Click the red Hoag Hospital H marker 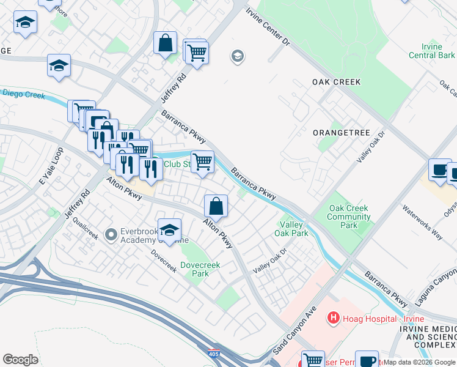tap(334, 317)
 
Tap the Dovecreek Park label tap(199, 269)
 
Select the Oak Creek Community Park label tap(349, 217)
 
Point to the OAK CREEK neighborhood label tap(336, 82)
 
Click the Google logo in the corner tap(20, 360)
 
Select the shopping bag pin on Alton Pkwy tap(216, 206)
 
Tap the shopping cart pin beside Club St tap(202, 162)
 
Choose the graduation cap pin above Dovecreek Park tap(169, 230)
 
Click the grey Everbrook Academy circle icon tap(111, 234)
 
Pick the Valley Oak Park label tap(294, 229)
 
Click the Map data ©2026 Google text tap(420, 362)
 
